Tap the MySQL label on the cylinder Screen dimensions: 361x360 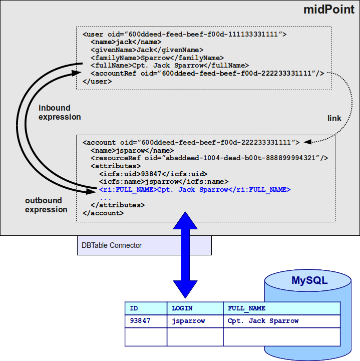pyautogui.click(x=309, y=280)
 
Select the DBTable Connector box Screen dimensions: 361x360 pyautogui.click(x=144, y=245)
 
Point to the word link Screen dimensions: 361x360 pyautogui.click(x=334, y=118)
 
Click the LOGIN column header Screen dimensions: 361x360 pyautogui.click(x=182, y=308)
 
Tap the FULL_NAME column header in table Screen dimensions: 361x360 pyautogui.click(x=247, y=308)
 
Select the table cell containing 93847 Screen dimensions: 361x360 pyautogui.click(x=140, y=321)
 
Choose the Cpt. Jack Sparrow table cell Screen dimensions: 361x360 pyautogui.click(x=263, y=321)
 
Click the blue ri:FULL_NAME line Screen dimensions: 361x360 pyautogui.click(x=195, y=190)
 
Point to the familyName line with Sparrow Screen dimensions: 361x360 pyautogui.click(x=157, y=58)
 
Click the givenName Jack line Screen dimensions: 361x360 pyautogui.click(x=147, y=50)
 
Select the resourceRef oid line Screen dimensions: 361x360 pyautogui.click(x=209, y=158)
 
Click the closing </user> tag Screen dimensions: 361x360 pyautogui.click(x=97, y=81)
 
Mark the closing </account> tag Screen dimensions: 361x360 pyautogui.click(x=103, y=213)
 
